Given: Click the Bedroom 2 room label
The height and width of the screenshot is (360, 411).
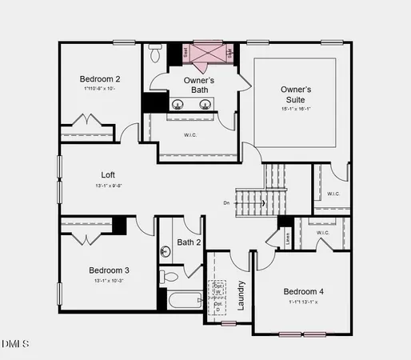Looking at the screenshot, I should pos(100,79).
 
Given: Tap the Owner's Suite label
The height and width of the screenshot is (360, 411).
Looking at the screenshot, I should pos(296,94).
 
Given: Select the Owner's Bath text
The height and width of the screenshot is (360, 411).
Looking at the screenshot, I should pos(199,85).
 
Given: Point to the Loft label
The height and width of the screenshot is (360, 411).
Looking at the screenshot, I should pos(108,174).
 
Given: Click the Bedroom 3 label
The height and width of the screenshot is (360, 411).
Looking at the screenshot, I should pos(109,270).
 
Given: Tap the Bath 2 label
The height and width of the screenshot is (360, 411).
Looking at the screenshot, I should pos(189,242).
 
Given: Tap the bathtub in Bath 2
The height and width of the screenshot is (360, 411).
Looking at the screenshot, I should pos(185,302).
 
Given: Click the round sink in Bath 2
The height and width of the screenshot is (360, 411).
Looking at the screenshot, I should pos(166,251).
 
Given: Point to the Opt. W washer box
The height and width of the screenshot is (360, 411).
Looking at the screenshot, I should pos(217,289).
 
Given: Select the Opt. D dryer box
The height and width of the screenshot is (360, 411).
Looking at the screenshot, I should pos(217,306).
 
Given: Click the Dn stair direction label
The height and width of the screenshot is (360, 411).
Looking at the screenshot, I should pos(226,203).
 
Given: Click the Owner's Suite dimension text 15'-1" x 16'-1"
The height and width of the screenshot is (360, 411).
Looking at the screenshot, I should pos(296,108).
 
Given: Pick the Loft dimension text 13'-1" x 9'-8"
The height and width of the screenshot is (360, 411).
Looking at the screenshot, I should pos(108,186).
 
